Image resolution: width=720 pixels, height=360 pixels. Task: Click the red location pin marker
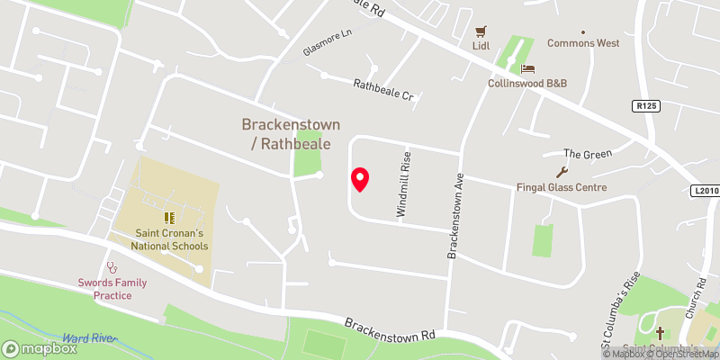(x=359, y=180)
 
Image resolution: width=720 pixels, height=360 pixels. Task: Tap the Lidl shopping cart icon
(x=481, y=30)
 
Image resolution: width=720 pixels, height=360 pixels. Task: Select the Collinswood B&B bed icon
(x=527, y=68)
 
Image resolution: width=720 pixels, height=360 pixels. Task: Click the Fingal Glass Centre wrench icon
(x=562, y=172)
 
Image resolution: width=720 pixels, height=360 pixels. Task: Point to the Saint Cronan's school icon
(x=168, y=217)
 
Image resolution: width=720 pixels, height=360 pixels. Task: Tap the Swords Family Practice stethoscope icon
(x=112, y=267)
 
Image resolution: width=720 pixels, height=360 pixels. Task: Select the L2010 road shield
(x=706, y=191)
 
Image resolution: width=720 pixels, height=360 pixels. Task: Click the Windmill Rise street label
(x=404, y=184)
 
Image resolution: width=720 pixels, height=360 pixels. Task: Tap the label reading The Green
(x=587, y=154)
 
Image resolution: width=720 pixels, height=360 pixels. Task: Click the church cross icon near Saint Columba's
(x=660, y=333)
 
